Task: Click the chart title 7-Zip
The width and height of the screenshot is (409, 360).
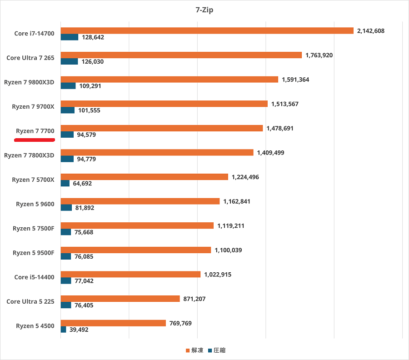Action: click(204, 10)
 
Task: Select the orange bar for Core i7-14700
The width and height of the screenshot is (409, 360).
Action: click(207, 30)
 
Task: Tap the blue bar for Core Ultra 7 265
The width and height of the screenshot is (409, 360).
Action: click(69, 61)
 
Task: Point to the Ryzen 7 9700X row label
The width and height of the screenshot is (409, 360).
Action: click(33, 107)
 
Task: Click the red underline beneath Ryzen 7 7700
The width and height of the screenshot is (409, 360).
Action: click(35, 140)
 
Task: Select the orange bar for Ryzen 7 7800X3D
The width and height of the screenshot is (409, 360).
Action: click(157, 153)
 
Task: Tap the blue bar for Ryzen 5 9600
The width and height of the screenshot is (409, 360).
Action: click(66, 208)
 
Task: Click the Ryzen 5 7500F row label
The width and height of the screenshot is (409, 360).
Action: click(34, 229)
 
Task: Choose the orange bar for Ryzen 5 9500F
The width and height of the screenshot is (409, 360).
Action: click(136, 250)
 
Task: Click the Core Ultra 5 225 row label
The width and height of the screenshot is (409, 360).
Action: click(30, 301)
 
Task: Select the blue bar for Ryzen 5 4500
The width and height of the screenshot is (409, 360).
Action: click(63, 330)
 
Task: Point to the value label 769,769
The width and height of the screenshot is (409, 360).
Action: click(180, 323)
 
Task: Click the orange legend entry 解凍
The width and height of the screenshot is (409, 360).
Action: click(195, 350)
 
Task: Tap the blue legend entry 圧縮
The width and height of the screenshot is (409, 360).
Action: click(217, 350)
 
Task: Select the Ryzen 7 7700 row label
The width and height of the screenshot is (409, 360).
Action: click(35, 131)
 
